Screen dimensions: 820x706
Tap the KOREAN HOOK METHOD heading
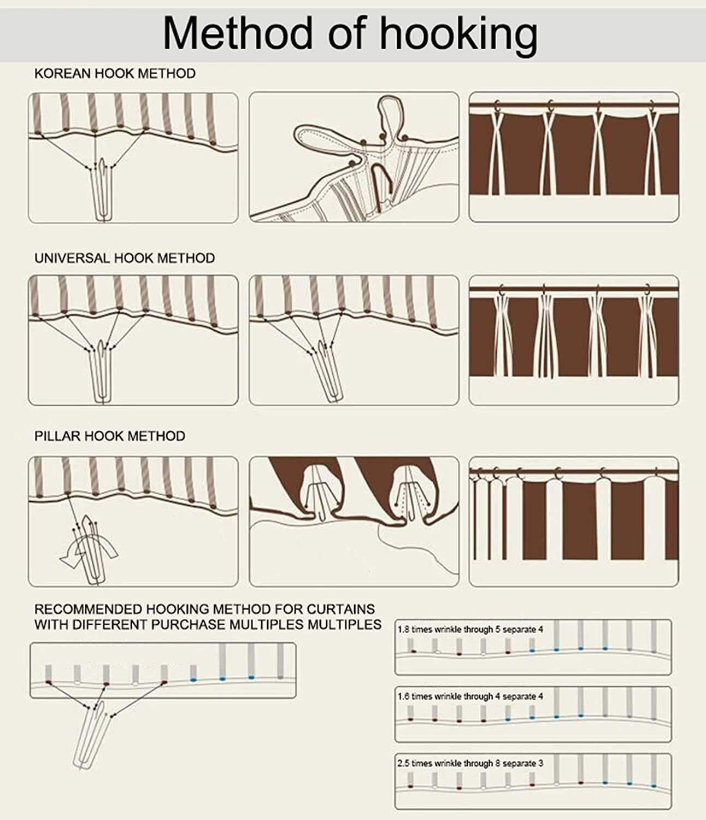115,73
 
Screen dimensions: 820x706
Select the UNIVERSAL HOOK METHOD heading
125,258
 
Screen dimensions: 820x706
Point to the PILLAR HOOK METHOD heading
110,436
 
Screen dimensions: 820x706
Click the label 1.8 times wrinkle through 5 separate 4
470,629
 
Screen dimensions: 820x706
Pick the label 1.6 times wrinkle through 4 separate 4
470,696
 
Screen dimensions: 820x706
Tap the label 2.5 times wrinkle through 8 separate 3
470,763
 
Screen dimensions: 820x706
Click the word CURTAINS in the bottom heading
341,609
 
